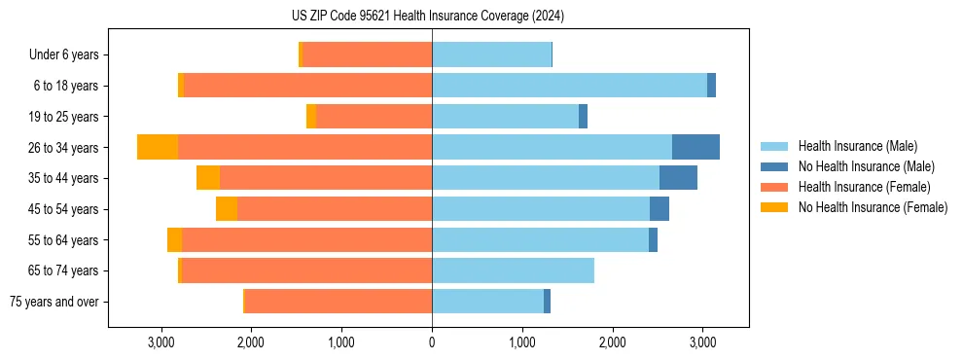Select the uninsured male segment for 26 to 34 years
tap(695, 147)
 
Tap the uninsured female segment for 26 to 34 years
tap(158, 147)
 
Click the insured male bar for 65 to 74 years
tap(513, 270)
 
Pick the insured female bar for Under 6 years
tap(367, 54)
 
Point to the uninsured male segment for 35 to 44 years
tap(678, 178)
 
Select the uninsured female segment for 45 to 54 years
tap(227, 209)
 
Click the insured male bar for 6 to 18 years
tap(569, 86)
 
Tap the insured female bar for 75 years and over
tap(338, 302)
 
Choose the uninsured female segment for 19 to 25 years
tap(311, 117)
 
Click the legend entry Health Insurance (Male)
tap(857, 146)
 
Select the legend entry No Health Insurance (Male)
tap(866, 166)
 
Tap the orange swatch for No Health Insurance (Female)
tap(774, 207)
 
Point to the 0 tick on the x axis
tap(432, 342)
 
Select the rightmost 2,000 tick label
tap(613, 342)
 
